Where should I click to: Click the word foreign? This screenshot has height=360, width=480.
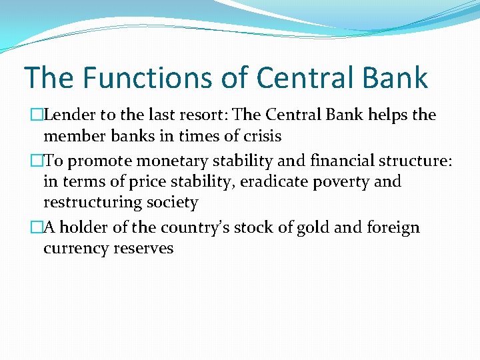(395, 228)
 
